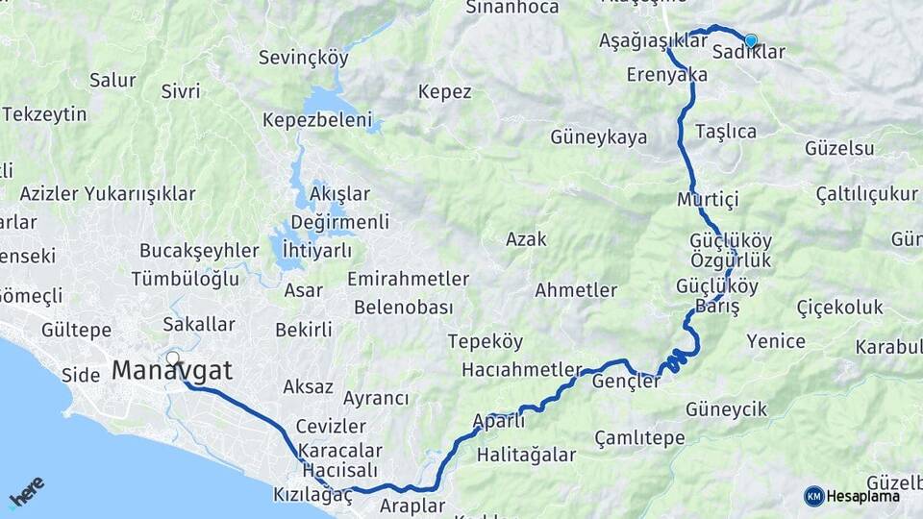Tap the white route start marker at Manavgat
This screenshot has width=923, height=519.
(173, 358)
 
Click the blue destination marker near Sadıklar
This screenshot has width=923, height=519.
(751, 40)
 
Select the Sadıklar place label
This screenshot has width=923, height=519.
(749, 53)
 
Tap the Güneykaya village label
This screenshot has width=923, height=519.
(599, 137)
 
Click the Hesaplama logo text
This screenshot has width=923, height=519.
(862, 496)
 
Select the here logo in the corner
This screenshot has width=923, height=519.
(26, 492)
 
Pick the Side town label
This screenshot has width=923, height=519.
(81, 375)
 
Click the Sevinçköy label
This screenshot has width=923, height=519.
(303, 58)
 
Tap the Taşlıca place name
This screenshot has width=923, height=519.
(725, 131)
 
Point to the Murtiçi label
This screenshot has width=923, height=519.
(707, 200)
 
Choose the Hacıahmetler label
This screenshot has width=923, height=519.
(522, 370)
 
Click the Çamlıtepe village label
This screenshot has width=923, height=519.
(639, 438)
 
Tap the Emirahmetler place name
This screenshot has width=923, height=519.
(408, 280)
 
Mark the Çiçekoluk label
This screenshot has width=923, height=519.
(839, 308)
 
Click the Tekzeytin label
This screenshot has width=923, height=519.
(44, 114)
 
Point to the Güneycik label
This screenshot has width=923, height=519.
(726, 409)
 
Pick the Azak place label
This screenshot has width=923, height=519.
(526, 239)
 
